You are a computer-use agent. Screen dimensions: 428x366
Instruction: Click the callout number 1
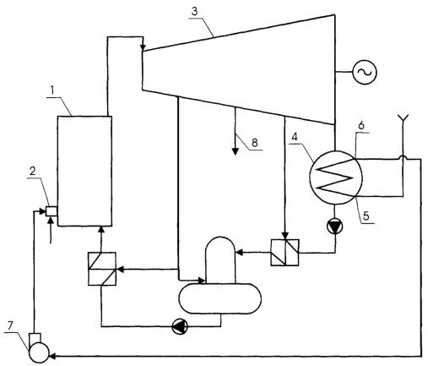pos(52,90)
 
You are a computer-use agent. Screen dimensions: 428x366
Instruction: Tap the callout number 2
pos(33,171)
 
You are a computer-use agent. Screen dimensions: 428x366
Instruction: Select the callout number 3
pos(195,12)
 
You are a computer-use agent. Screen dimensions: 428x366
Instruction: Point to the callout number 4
pos(295,137)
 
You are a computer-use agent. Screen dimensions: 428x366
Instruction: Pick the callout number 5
pos(366,216)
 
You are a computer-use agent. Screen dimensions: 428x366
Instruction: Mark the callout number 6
pos(361,125)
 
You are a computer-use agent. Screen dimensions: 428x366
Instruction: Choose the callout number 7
pos(10,326)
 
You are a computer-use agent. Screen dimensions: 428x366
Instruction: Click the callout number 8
pos(254,143)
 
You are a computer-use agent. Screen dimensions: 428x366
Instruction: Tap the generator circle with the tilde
pos(365,73)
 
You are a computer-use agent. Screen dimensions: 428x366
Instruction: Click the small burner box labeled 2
pos(51,211)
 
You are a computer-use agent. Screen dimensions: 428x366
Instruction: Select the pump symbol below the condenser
pos(335,227)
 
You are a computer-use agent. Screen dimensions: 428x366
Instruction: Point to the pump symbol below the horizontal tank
pos(180,326)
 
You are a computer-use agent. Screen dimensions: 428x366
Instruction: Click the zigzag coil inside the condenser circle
pos(335,178)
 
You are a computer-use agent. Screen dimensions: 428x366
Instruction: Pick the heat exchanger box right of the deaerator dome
pos(285,253)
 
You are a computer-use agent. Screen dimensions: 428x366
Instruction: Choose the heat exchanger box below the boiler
pos(102,269)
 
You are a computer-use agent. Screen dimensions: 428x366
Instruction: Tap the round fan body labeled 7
pos(39,352)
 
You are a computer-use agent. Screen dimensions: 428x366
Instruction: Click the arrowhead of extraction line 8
pos(236,151)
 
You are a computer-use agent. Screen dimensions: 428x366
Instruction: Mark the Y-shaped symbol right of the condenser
pos(403,118)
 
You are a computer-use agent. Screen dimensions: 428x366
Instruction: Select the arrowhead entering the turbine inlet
pos(143,47)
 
